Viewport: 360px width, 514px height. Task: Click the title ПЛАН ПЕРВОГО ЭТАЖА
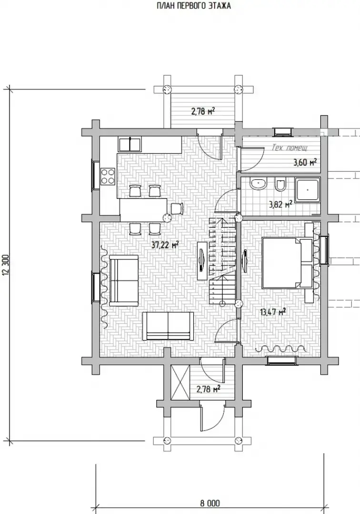point(194,6)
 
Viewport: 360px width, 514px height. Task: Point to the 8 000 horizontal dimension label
point(210,503)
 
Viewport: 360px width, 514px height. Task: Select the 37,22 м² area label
point(165,245)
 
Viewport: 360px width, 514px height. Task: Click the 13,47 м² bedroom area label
point(273,311)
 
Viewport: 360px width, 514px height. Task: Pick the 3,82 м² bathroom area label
point(280,205)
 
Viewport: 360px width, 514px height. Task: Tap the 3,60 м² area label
point(305,162)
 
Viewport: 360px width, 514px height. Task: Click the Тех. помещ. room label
point(290,148)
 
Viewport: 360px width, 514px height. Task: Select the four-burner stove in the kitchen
point(108,176)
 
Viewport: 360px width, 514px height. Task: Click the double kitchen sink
point(130,145)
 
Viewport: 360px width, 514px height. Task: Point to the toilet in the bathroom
point(280,184)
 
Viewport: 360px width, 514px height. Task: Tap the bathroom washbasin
point(259,184)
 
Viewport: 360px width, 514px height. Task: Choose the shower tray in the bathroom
point(308,190)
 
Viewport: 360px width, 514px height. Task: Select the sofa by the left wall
point(124,281)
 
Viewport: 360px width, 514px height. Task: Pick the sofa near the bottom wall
point(168,326)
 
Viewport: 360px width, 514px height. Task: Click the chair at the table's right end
point(177,208)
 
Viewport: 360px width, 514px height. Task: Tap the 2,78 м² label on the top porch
point(203,111)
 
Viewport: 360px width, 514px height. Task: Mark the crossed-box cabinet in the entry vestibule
point(180,382)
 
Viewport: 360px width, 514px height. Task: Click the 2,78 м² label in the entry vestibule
point(208,389)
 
